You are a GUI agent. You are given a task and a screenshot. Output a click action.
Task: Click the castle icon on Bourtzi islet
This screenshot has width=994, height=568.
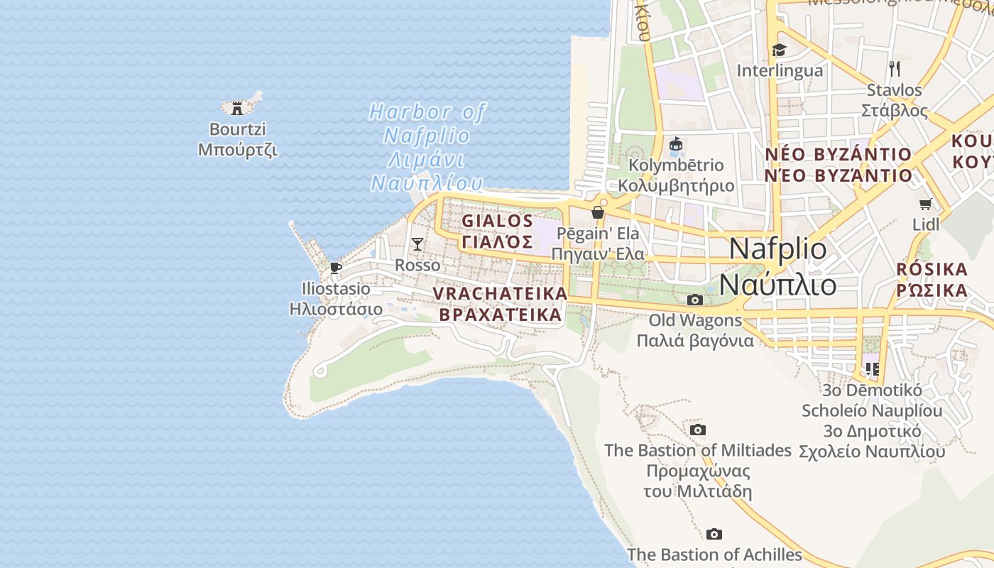click(x=237, y=109)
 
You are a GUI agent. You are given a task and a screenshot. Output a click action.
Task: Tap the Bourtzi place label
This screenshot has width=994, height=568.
click(x=238, y=140)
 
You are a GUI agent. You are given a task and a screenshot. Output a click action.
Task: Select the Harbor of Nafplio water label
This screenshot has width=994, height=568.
click(x=427, y=147)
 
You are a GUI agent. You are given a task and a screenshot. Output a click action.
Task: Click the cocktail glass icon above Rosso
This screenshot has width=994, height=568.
click(x=417, y=244)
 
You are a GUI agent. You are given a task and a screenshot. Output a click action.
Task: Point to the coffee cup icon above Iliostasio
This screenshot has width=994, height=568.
click(x=336, y=268)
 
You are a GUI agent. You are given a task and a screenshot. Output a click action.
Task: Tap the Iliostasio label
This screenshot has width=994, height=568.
click(x=336, y=299)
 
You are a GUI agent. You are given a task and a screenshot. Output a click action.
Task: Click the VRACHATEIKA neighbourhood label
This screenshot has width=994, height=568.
click(x=501, y=304)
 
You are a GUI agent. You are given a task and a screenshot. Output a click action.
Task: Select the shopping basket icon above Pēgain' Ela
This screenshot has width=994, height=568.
click(x=598, y=212)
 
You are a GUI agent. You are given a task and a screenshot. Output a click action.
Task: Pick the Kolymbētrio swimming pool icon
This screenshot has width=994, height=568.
click(x=676, y=145)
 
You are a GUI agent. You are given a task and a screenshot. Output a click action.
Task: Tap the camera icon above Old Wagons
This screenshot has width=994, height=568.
click(x=695, y=300)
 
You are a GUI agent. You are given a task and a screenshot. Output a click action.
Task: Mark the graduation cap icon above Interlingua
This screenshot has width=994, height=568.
click(x=780, y=50)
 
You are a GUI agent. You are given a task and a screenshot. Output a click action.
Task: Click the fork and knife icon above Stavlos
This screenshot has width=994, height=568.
click(x=895, y=69)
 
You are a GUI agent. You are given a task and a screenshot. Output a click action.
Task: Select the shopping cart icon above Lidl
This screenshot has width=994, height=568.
click(x=926, y=204)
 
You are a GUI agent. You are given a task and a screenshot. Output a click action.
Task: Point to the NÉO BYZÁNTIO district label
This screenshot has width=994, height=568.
click(x=838, y=165)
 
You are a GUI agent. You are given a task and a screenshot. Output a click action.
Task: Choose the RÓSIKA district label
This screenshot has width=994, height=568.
click(x=932, y=280)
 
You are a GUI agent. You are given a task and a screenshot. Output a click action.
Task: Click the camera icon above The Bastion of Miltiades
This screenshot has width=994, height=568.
click(x=698, y=430)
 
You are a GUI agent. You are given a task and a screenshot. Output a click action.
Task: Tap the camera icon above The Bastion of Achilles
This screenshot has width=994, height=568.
click(x=714, y=534)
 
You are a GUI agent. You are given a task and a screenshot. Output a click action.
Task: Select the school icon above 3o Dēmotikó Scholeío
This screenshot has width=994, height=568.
click(x=872, y=369)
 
